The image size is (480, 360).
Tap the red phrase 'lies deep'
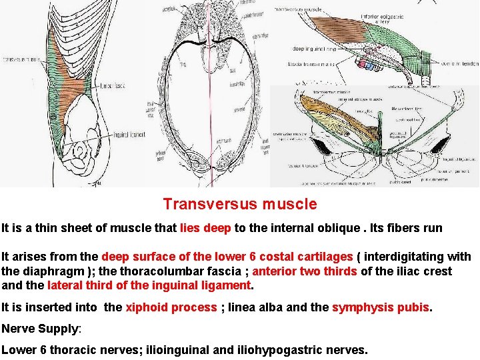pos(205,228)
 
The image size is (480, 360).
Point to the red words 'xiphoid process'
pos(171,307)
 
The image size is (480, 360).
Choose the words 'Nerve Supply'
pos(40,329)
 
